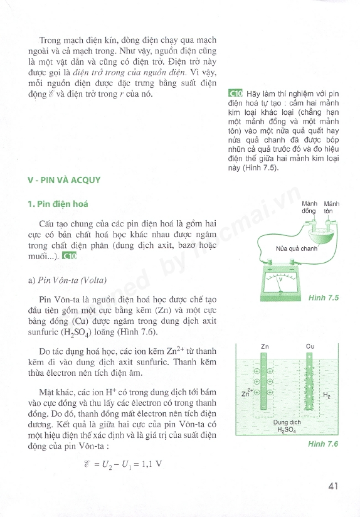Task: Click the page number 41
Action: pos(333,486)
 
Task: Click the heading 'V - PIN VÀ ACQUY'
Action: pos(64,180)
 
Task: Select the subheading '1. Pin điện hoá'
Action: pos(58,204)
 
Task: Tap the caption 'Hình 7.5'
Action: pos(324,298)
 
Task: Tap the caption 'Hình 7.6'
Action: pos(323,444)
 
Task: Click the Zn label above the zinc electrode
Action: pos(265,346)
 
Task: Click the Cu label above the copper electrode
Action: pos(310,346)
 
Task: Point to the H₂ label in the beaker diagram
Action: pos(327,395)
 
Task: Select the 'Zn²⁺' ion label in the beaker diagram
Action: pos(247,393)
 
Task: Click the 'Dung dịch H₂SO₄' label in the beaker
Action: pos(287,426)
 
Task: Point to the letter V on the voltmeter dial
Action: pos(281,280)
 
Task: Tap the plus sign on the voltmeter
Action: pos(270,269)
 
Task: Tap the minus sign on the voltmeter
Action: pos(292,269)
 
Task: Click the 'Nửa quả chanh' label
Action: pos(297,248)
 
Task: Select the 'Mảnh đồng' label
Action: pos(309,208)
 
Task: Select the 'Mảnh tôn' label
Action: pos(332,208)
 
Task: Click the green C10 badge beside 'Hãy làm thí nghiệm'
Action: pos(235,93)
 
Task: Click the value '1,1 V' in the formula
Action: pos(152,464)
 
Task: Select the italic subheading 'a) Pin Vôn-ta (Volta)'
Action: pos(67,280)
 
